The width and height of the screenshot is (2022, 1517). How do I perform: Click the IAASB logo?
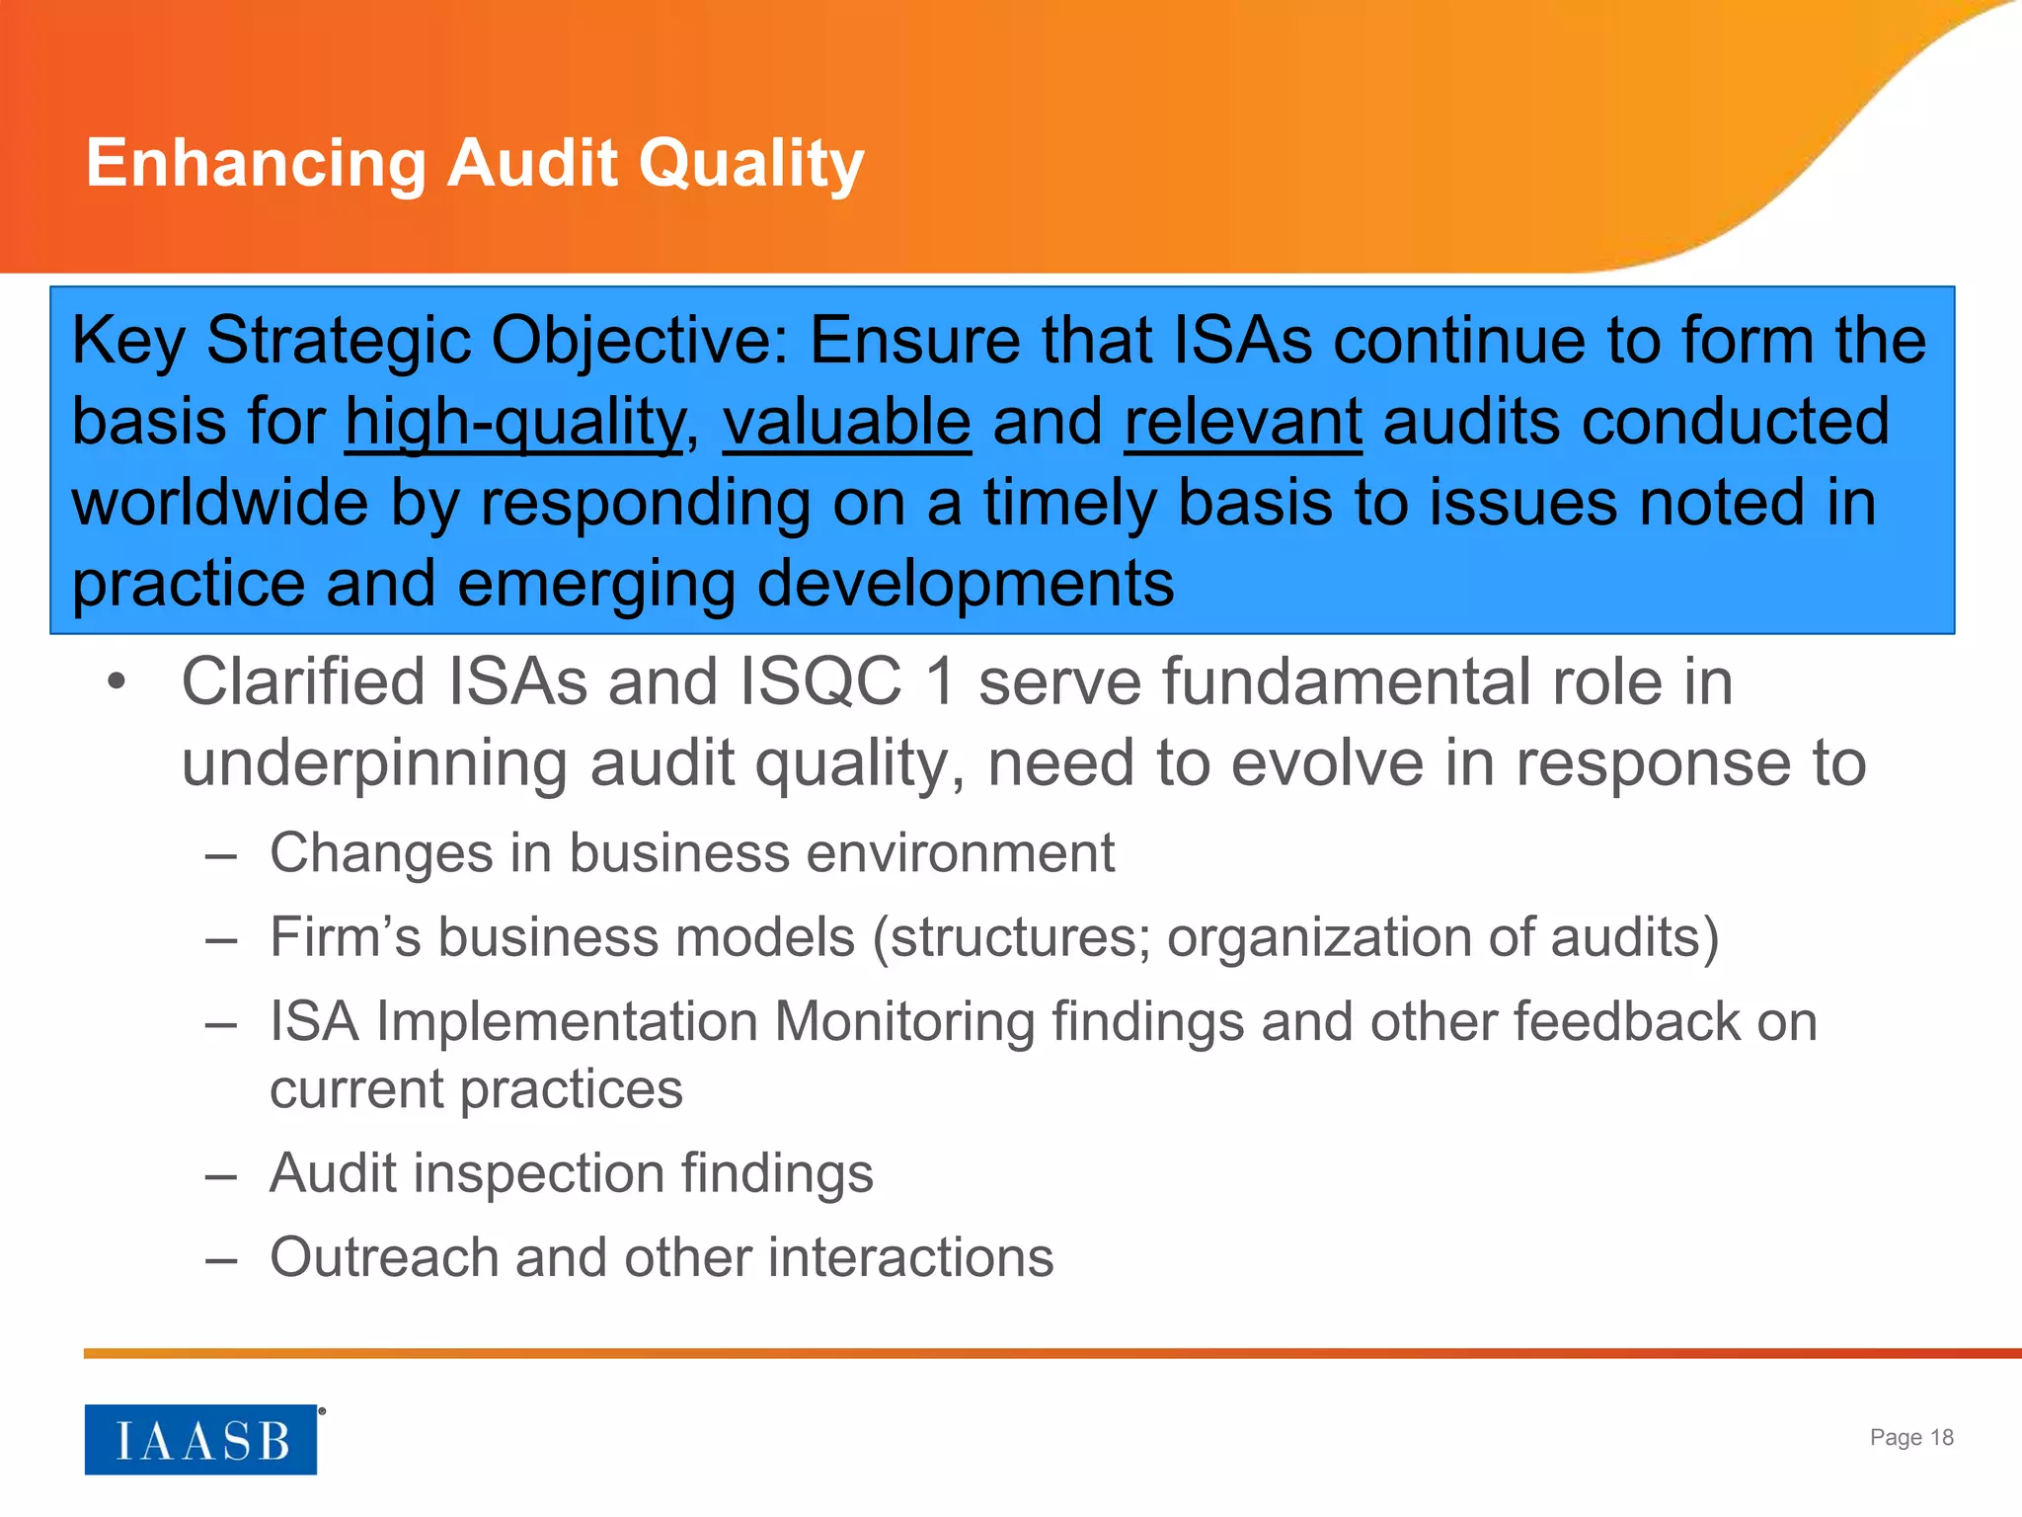pos(200,1440)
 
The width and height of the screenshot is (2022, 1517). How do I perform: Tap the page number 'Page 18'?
pos(1911,1437)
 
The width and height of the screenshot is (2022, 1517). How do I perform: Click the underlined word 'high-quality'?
pos(514,423)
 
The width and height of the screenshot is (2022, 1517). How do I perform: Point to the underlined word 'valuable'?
pos(847,423)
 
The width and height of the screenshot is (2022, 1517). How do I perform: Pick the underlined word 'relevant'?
pos(1243,423)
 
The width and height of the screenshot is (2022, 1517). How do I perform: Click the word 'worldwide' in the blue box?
pos(220,504)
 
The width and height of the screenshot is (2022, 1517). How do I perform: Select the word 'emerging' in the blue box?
pos(596,585)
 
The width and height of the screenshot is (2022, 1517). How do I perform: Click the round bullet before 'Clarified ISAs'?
pos(117,682)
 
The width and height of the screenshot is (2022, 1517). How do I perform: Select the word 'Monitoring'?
pos(904,1021)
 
